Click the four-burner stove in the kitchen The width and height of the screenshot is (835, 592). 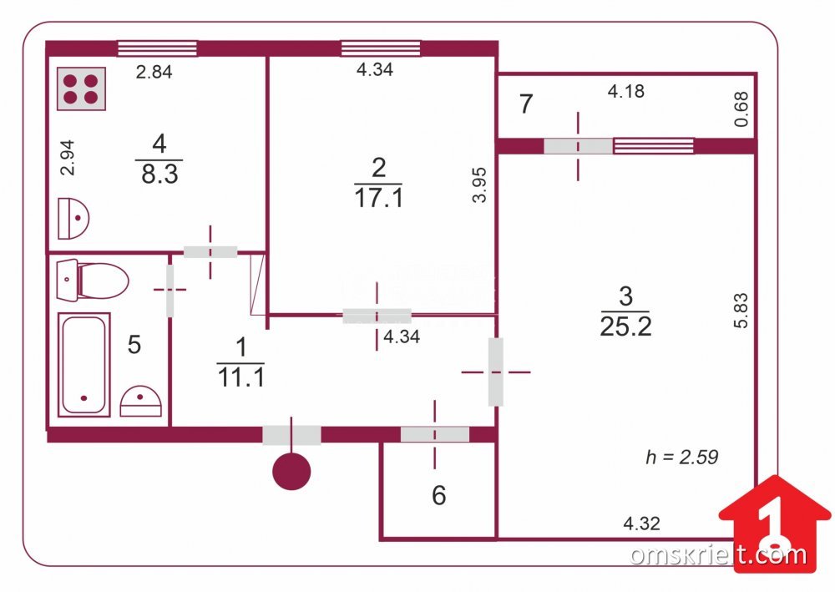coord(82,89)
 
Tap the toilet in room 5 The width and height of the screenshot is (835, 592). coord(93,280)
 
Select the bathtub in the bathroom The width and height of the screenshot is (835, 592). coord(83,364)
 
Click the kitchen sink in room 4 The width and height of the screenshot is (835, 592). coord(73,218)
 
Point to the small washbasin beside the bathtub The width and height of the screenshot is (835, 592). coord(140,401)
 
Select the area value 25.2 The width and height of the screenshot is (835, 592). coord(625,326)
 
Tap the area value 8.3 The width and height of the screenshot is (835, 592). coord(159,174)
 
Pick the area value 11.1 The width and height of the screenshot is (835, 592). coord(241,377)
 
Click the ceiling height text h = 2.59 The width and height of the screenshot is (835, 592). coord(682,457)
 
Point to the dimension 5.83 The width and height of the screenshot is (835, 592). coord(741,311)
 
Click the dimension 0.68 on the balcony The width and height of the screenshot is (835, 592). coord(741,109)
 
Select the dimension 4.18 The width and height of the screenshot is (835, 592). coord(626,92)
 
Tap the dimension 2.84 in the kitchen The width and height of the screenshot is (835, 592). coord(154,72)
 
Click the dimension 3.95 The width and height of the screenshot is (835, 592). coord(479,185)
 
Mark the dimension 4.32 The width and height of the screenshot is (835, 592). coord(641,524)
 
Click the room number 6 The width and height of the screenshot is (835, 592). coord(439,495)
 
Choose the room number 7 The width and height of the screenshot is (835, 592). coord(526,104)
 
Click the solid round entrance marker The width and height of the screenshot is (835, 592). coord(291,471)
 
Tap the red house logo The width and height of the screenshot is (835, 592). coord(775,524)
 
